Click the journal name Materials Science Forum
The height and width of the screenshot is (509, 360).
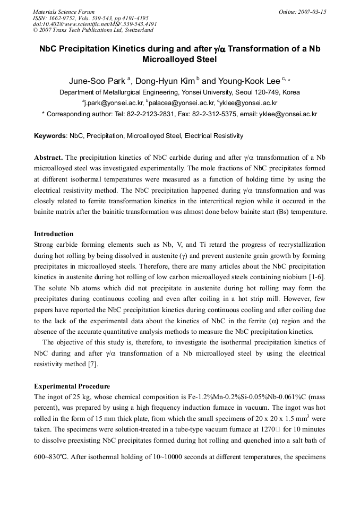(64, 11)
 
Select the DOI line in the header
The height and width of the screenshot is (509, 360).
(95, 24)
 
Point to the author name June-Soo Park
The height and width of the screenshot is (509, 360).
(97, 81)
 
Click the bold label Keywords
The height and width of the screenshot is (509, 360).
(50, 136)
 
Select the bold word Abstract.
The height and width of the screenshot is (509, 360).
(48, 158)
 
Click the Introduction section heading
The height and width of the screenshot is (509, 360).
(54, 234)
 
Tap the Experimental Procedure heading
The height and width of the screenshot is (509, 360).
(72, 386)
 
